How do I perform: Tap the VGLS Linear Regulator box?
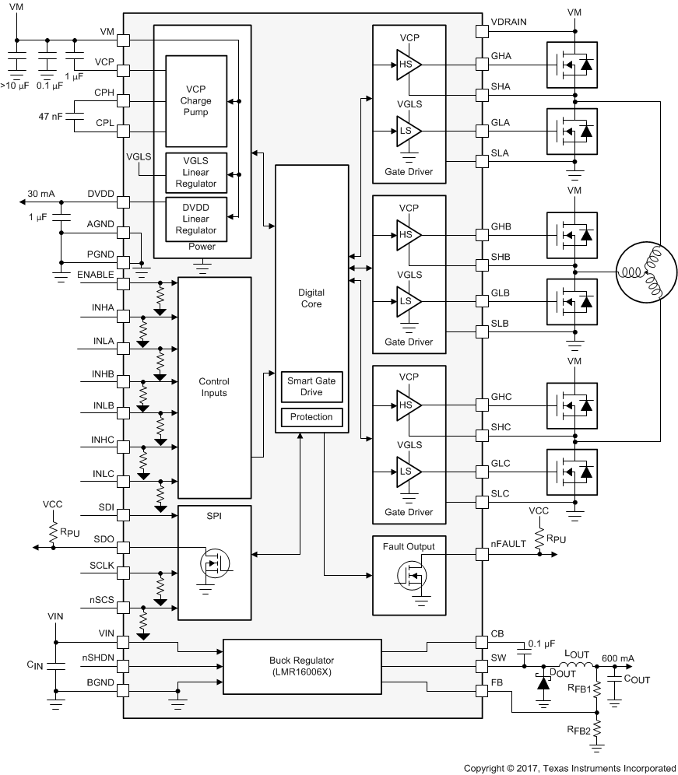(x=195, y=172)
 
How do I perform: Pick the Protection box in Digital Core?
(x=311, y=417)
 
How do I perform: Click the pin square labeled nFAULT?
(x=482, y=555)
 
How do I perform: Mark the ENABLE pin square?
(x=123, y=282)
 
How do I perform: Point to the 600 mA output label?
(x=618, y=658)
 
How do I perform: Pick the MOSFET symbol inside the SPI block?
(x=213, y=563)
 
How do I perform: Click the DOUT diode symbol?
(x=543, y=679)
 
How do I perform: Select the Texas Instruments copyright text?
(x=569, y=767)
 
